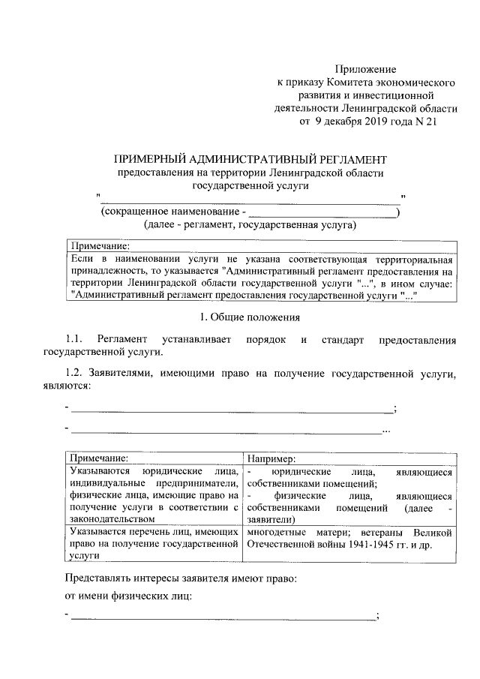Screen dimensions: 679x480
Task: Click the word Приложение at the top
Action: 365,69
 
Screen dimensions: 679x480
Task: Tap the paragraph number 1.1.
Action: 77,340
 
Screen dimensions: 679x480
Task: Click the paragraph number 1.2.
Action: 77,373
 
